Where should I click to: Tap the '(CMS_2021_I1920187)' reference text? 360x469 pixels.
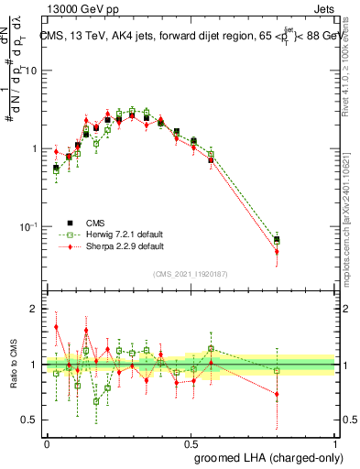click(x=191, y=274)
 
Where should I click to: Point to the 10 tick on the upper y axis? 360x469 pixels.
click(x=34, y=71)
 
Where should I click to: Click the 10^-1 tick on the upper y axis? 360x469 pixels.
click(x=31, y=225)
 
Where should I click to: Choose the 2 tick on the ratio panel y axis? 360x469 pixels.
click(x=38, y=309)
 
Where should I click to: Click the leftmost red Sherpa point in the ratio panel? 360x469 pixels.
click(x=56, y=326)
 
